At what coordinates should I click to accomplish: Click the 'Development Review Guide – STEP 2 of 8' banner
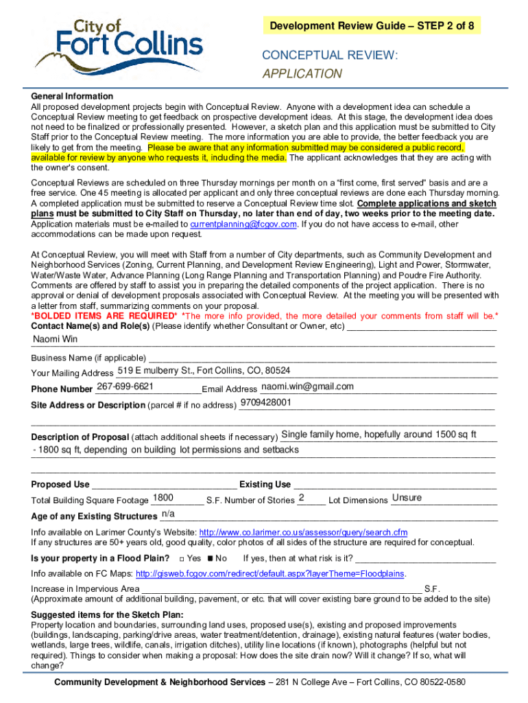click(x=372, y=26)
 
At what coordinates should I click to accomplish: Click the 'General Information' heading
click(x=72, y=96)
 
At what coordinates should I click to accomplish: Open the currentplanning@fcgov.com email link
click(x=243, y=224)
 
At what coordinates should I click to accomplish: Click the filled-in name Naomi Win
click(x=56, y=339)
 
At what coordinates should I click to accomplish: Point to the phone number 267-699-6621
click(x=125, y=387)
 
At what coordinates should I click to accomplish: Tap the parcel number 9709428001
click(x=266, y=402)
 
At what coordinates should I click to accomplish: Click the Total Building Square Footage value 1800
click(x=163, y=498)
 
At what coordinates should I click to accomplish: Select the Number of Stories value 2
click(x=302, y=498)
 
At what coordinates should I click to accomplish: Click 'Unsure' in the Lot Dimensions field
click(x=407, y=498)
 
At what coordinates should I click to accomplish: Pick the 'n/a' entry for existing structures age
click(x=167, y=514)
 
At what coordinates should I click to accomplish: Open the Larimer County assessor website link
click(x=302, y=532)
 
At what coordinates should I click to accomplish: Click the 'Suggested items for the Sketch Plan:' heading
click(x=107, y=614)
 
